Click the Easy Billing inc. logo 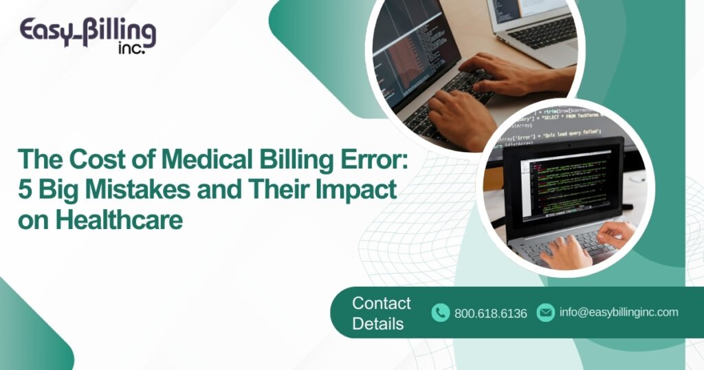click(87, 35)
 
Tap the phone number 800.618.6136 click(490, 314)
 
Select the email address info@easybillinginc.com click(619, 312)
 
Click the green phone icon click(441, 313)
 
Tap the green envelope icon click(545, 312)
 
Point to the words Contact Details click(381, 313)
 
